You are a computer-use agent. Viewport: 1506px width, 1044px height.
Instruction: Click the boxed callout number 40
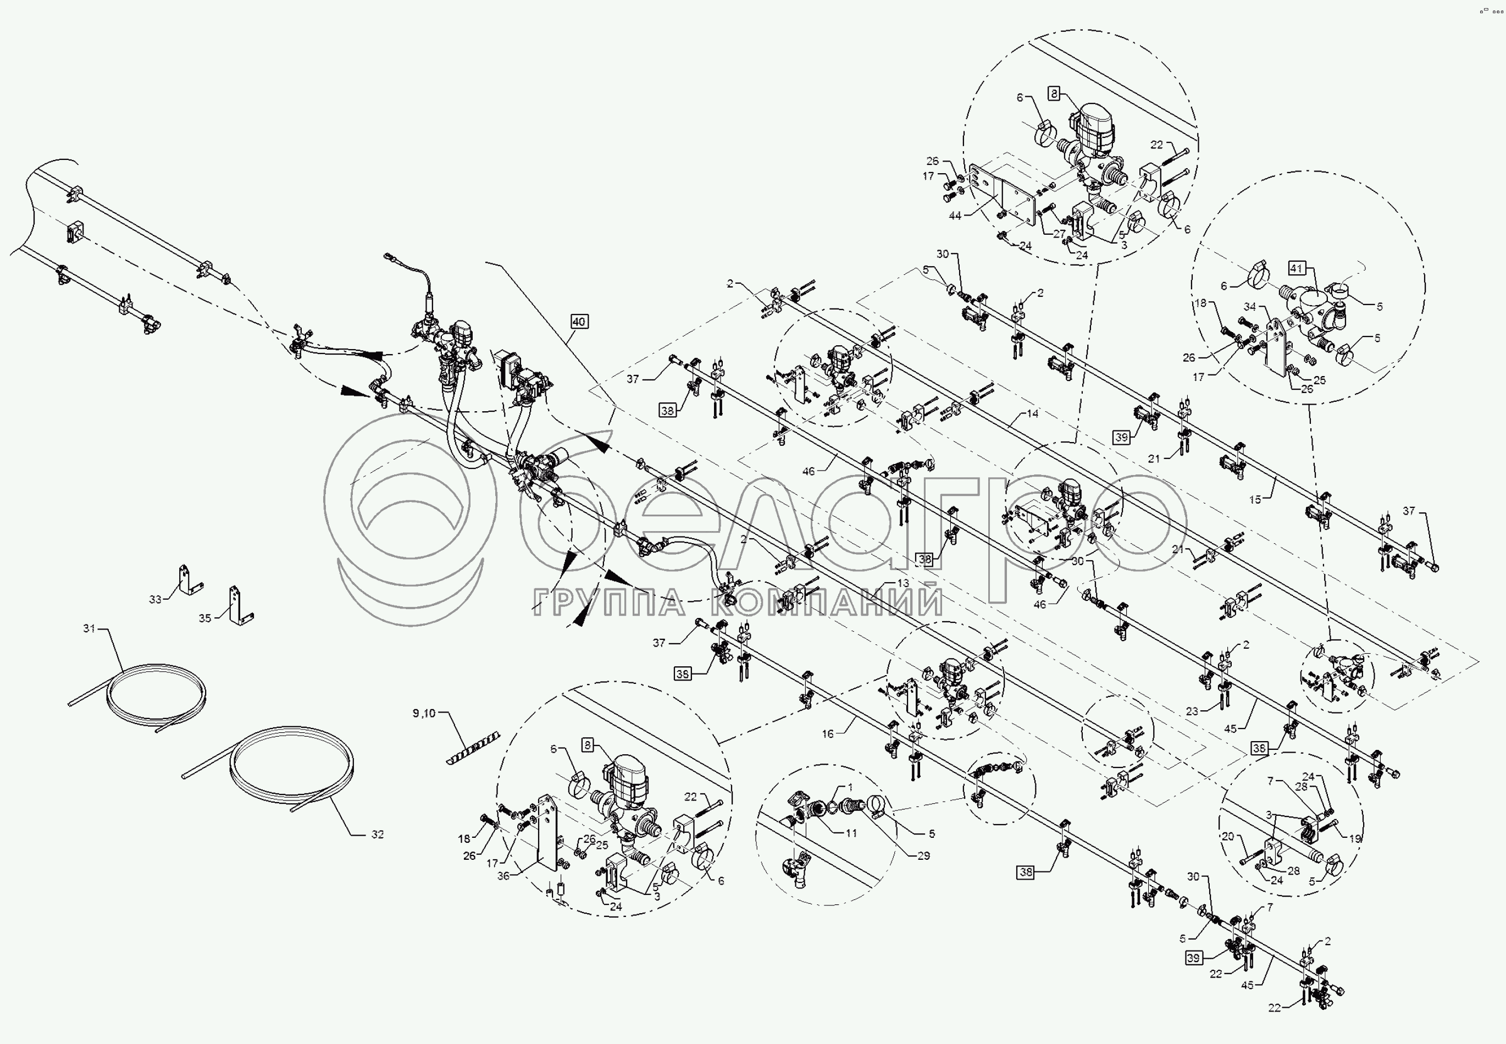pyautogui.click(x=579, y=321)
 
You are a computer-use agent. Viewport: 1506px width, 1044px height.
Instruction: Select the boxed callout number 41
pyautogui.click(x=1297, y=268)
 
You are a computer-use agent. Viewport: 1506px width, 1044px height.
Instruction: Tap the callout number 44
pyautogui.click(x=955, y=215)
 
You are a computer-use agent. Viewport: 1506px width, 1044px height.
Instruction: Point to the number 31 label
pyautogui.click(x=89, y=628)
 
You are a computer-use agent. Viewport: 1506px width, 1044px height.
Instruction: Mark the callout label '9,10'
pyautogui.click(x=424, y=713)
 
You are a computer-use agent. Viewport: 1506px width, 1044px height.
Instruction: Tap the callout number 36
pyautogui.click(x=503, y=876)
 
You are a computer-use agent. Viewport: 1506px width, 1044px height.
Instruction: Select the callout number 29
pyautogui.click(x=923, y=855)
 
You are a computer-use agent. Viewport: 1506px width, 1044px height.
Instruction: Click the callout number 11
pyautogui.click(x=851, y=833)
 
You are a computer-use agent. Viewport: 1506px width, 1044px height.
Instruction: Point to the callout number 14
pyautogui.click(x=1033, y=413)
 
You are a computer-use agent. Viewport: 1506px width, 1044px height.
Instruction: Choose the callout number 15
pyautogui.click(x=1255, y=499)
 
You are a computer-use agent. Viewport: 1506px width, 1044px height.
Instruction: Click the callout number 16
pyautogui.click(x=828, y=734)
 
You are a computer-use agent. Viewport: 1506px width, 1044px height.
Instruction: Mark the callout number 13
pyautogui.click(x=903, y=583)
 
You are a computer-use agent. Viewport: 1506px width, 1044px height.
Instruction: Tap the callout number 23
pyautogui.click(x=1192, y=710)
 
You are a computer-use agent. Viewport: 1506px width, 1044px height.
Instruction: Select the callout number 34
pyautogui.click(x=1250, y=306)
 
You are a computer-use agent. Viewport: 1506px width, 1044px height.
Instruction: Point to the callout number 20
pyautogui.click(x=1227, y=836)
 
